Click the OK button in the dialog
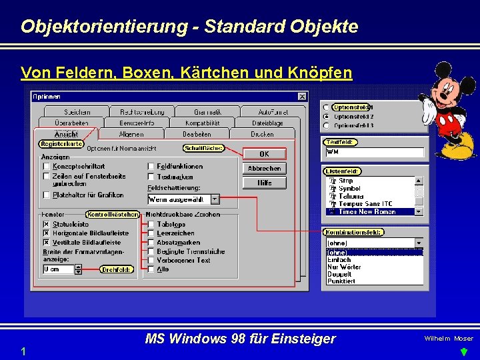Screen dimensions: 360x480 (x=264, y=154)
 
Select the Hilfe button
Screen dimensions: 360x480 (x=264, y=183)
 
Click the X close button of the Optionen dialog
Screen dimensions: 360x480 (x=302, y=97)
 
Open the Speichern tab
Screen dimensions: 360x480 (x=77, y=112)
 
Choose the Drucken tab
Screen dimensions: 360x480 (x=262, y=134)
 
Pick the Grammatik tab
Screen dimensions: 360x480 (x=207, y=112)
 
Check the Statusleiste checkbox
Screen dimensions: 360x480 (x=46, y=225)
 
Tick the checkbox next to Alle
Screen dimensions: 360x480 (x=151, y=269)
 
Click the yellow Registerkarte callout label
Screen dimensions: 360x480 (x=61, y=143)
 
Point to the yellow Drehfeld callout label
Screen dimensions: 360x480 (x=117, y=269)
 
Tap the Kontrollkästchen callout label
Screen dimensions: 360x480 (x=113, y=215)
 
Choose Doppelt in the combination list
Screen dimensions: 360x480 (x=339, y=274)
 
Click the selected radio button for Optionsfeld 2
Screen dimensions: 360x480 (x=325, y=116)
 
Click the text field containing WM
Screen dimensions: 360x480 (x=374, y=153)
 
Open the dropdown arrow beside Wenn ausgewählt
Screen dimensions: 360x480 (x=215, y=199)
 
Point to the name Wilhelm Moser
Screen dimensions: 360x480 (x=449, y=339)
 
